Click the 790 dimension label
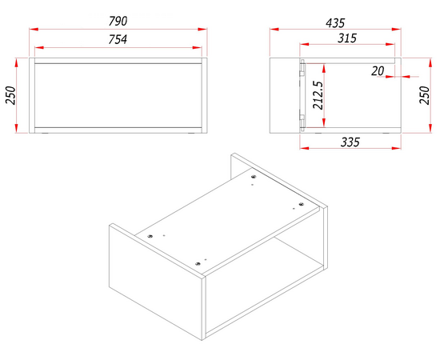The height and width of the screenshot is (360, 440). coord(118,21)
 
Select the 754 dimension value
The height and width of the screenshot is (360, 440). coord(118,39)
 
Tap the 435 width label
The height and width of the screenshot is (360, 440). coord(335,23)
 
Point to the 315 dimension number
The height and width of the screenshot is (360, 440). coord(347,38)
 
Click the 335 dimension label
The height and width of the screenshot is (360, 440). coord(350,142)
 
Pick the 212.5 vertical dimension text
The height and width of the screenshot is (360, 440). coord(318,95)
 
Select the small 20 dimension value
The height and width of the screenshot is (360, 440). coord(378,71)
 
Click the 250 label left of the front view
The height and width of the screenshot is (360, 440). coord(11,95)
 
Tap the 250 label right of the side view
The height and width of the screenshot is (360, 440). coord(425,95)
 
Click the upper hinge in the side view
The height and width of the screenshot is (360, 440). coord(302,68)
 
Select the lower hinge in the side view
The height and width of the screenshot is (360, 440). coord(302,123)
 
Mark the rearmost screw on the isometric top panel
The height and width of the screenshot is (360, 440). coord(254,177)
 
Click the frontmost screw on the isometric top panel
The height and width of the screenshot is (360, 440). coord(198,264)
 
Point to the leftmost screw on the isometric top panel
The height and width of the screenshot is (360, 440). coord(150,236)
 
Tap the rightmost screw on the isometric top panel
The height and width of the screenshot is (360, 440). coord(301,204)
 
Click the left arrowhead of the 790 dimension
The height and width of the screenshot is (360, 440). coord(34,29)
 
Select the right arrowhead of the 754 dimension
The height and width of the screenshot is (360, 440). coord(198,47)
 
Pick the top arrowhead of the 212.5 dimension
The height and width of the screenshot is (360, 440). coord(324,68)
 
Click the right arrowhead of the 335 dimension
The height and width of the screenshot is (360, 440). coord(397,148)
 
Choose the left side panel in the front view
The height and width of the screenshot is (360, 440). coord(32,95)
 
